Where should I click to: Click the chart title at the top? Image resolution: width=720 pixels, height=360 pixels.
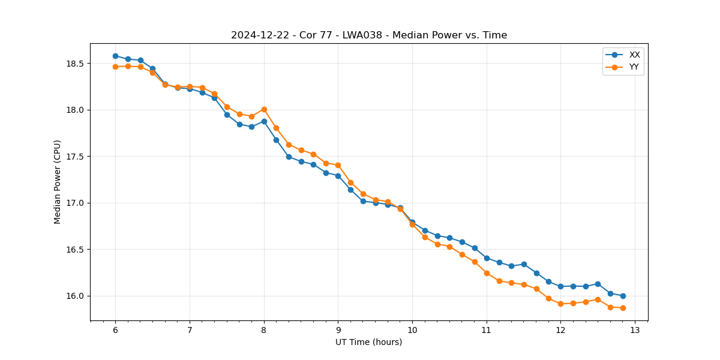click(x=369, y=35)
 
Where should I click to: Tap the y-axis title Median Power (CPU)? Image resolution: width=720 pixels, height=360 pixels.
click(x=58, y=182)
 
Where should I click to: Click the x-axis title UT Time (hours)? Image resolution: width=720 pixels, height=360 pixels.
click(x=369, y=342)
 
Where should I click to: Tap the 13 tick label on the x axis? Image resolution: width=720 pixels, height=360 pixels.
click(x=635, y=330)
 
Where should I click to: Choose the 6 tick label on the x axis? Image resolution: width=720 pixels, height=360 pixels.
click(x=115, y=330)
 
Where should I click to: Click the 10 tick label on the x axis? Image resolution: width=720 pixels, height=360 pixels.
click(x=412, y=330)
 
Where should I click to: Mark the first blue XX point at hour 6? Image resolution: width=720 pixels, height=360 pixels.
click(x=115, y=56)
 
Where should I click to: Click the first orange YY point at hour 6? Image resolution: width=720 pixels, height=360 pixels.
click(x=115, y=67)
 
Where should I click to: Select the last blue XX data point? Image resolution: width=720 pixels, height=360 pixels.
click(x=623, y=296)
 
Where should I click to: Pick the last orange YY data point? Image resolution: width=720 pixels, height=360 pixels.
click(x=623, y=308)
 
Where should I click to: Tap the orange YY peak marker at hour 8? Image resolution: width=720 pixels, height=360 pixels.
click(x=264, y=109)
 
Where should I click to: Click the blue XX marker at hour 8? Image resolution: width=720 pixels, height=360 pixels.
click(x=264, y=121)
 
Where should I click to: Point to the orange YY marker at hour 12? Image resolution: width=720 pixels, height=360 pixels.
click(x=560, y=304)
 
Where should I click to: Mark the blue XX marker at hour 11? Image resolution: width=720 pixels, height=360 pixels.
click(x=487, y=258)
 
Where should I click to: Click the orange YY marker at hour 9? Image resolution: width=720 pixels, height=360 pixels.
click(x=338, y=165)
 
